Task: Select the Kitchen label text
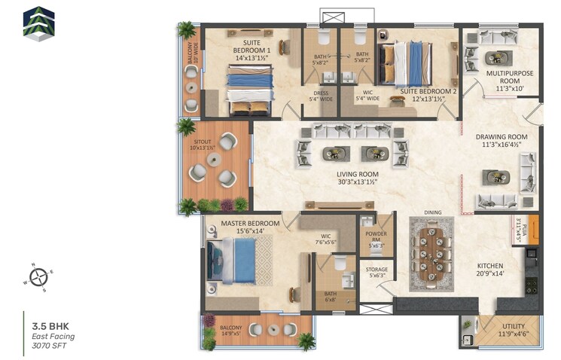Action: click(x=489, y=270)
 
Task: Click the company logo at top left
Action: click(x=38, y=23)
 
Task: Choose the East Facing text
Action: click(x=53, y=336)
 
